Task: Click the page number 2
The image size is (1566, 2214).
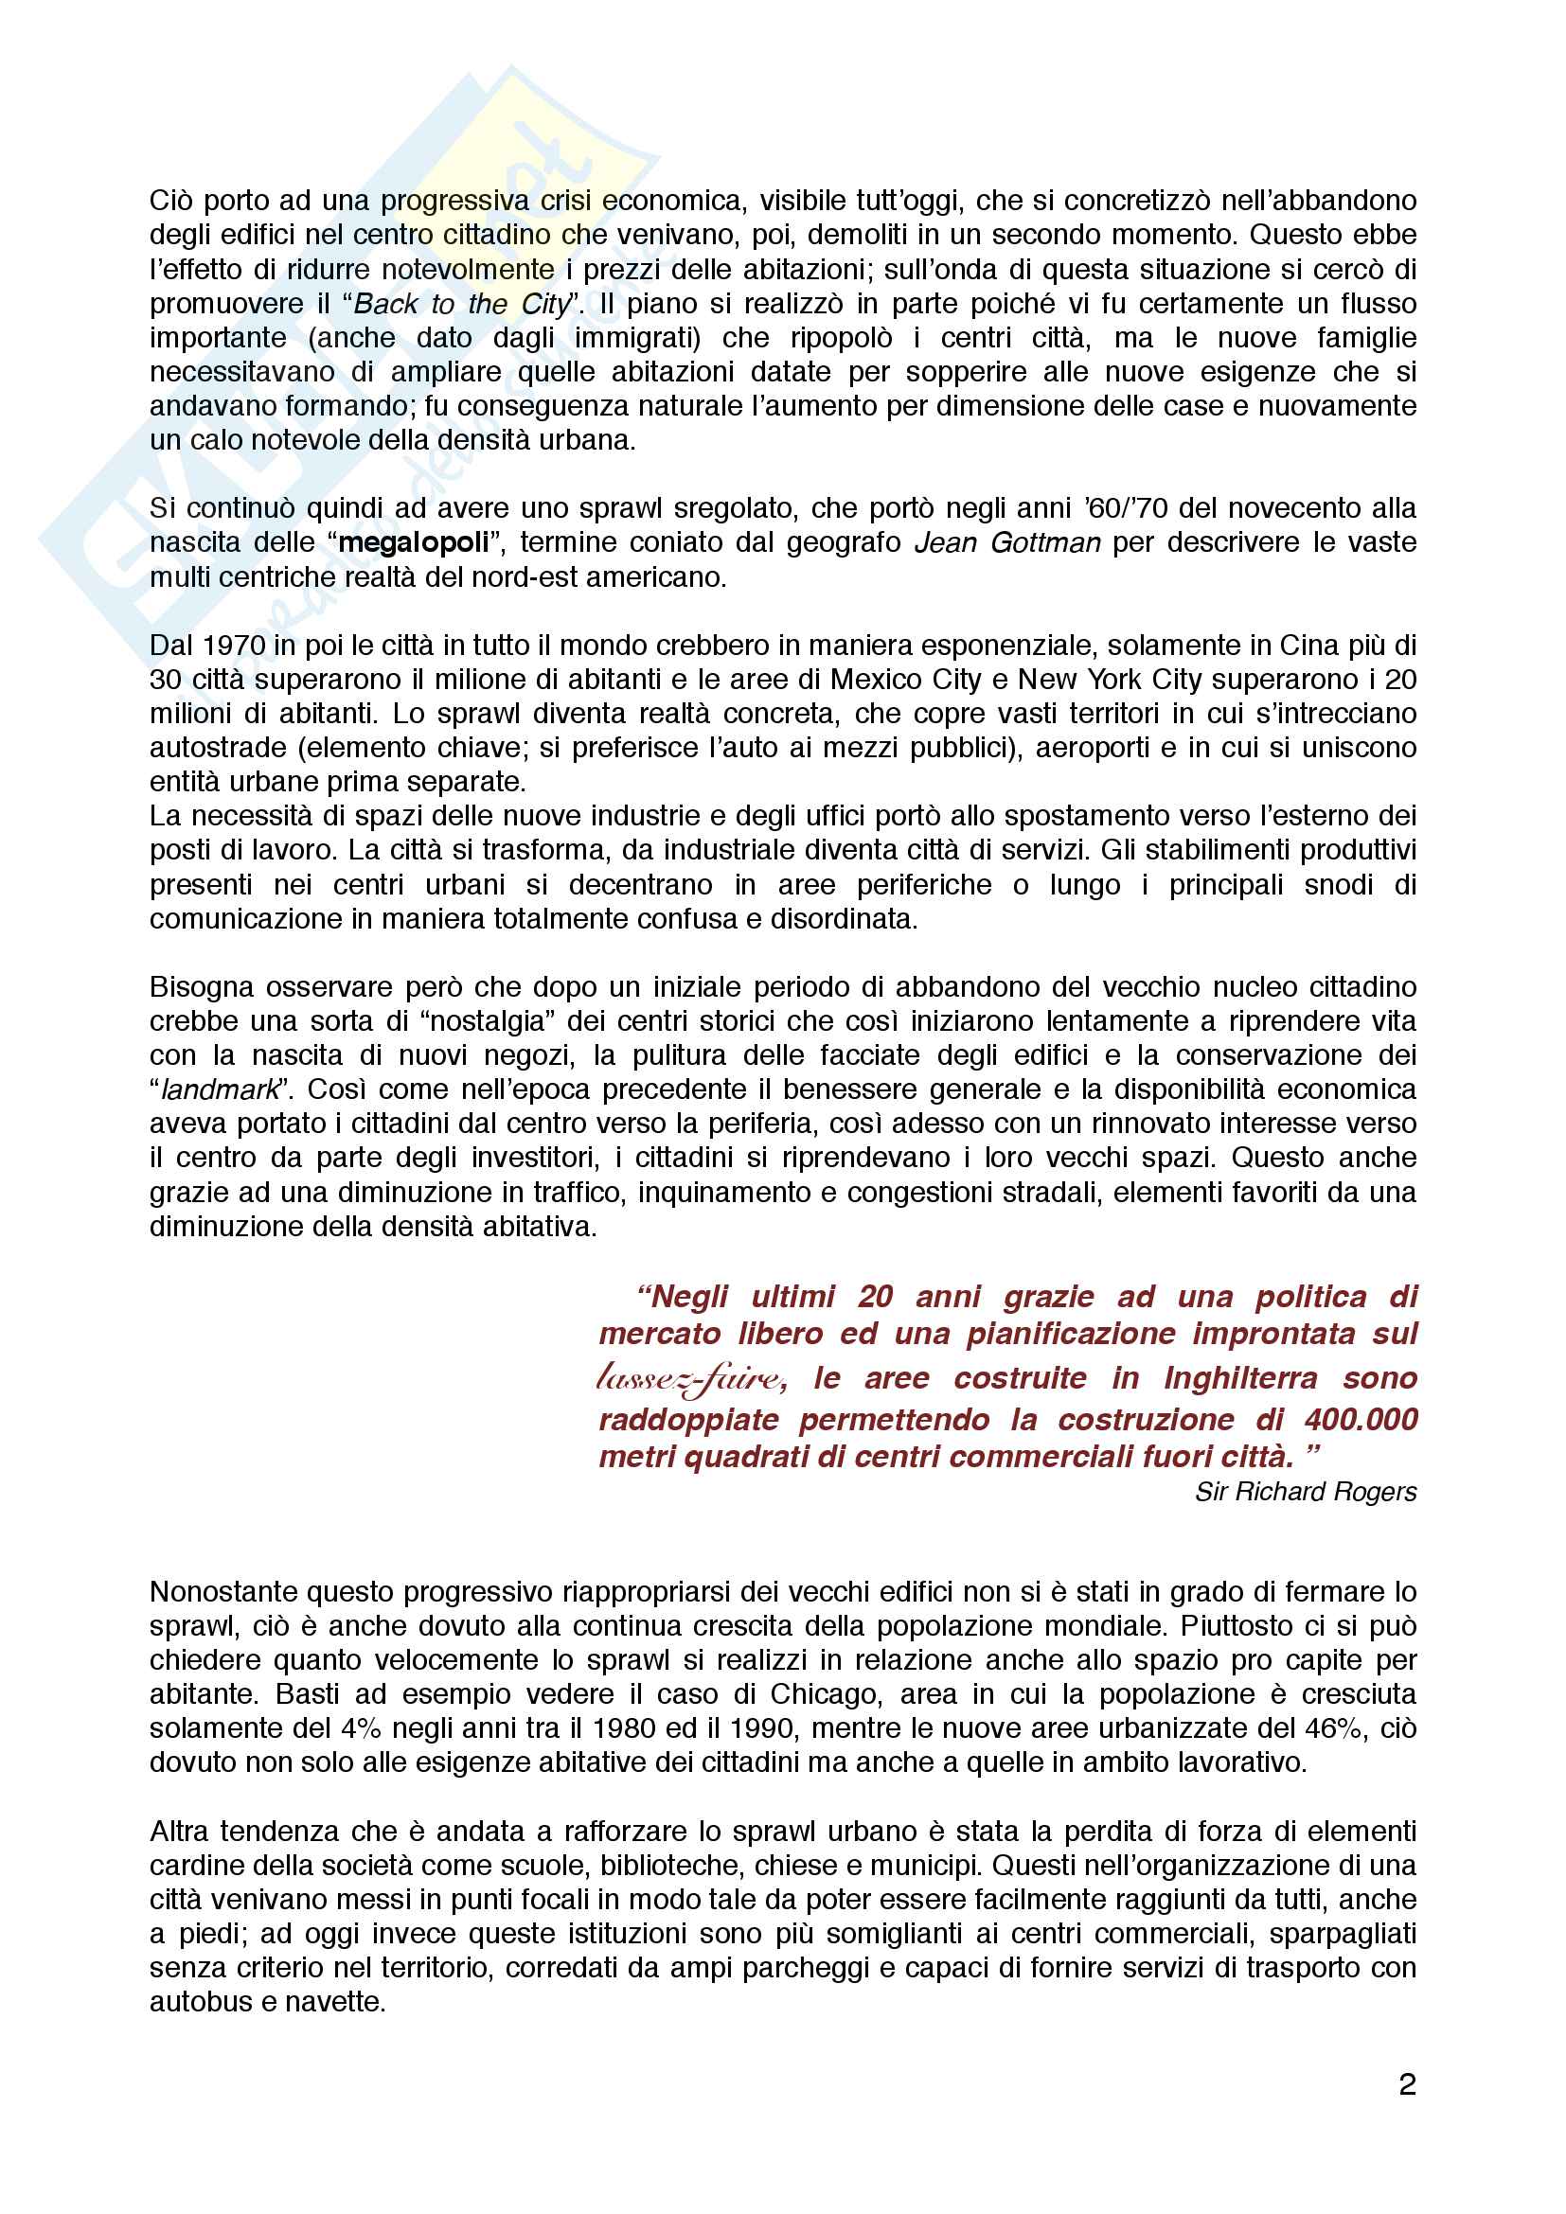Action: click(1407, 2084)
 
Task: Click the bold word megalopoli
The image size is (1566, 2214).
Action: click(414, 543)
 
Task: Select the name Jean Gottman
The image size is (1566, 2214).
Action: click(1006, 543)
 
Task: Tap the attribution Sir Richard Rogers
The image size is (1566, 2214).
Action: click(1306, 1492)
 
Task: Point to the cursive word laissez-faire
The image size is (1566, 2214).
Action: click(690, 1378)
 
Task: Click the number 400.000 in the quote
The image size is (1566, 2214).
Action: click(1361, 1420)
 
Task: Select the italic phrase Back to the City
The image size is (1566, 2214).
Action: click(463, 304)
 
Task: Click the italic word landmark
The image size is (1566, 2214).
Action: click(219, 1089)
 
